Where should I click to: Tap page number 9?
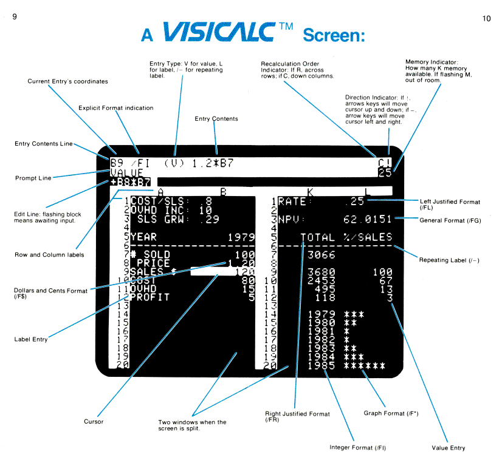tap(14, 18)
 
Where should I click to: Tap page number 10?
tap(486, 18)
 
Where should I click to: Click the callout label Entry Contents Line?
tap(44, 144)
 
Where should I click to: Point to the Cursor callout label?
tap(94, 421)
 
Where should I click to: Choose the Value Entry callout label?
tap(448, 448)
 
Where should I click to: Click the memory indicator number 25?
tap(385, 173)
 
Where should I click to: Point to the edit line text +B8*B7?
tap(131, 181)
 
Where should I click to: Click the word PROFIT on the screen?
tap(149, 297)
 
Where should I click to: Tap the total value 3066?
tap(321, 254)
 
